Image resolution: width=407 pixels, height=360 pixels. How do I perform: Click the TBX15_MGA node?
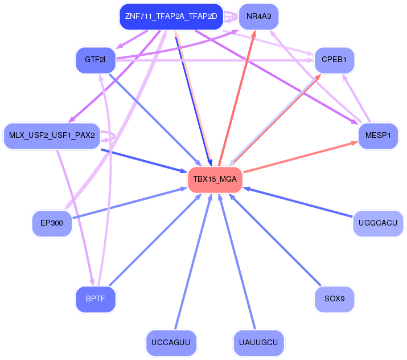click(215, 179)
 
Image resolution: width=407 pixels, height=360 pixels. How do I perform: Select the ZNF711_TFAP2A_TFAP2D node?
click(171, 17)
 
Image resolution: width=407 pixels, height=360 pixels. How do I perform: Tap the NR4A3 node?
click(259, 17)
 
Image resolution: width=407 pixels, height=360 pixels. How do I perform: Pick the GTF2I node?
click(96, 60)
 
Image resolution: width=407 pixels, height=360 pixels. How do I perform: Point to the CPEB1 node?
click(334, 60)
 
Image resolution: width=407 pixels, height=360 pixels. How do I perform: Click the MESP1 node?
click(378, 136)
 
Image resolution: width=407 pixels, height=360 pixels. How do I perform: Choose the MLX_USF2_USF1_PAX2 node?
click(52, 136)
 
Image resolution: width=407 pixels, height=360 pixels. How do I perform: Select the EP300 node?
click(52, 223)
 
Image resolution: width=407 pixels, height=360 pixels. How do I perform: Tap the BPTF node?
click(96, 299)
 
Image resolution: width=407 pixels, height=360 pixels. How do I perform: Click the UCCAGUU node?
click(171, 342)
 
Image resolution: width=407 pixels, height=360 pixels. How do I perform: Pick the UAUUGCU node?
click(258, 342)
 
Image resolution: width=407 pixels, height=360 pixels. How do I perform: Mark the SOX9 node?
click(334, 299)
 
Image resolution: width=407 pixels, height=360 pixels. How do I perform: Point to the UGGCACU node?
click(378, 223)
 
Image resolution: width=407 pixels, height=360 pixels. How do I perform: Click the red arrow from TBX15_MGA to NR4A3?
click(237, 97)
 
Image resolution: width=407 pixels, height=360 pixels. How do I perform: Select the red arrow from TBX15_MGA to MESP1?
click(301, 157)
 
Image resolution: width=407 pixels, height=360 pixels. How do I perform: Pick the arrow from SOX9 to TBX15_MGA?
click(275, 239)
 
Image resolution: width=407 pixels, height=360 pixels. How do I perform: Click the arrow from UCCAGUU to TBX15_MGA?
click(194, 261)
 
